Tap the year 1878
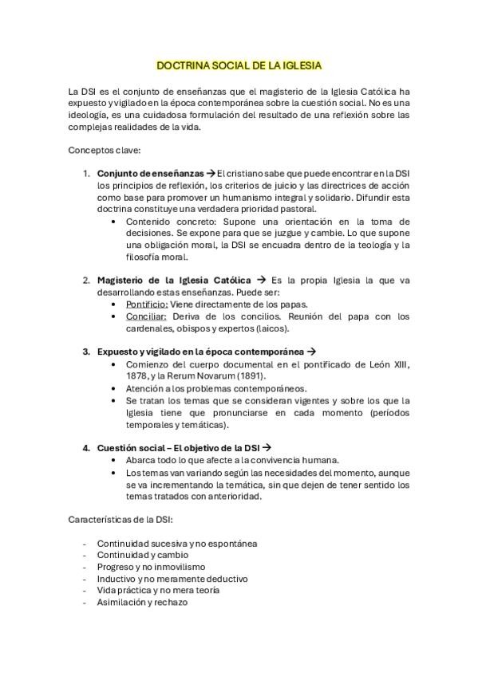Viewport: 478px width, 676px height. pos(127,375)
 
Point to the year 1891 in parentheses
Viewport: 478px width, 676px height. pos(248,375)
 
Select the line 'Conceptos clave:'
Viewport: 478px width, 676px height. pos(105,149)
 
